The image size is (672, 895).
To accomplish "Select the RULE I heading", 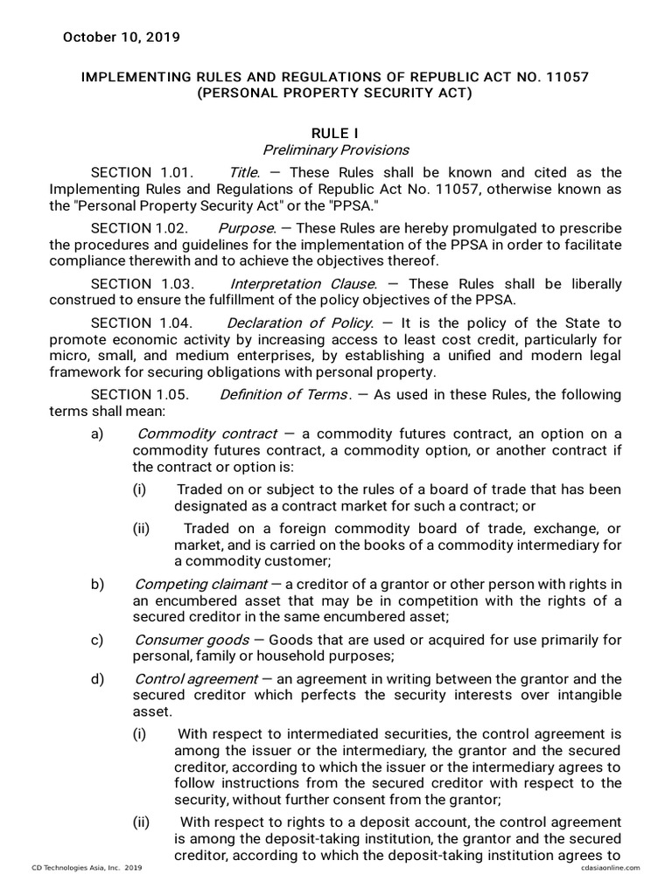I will [336, 132].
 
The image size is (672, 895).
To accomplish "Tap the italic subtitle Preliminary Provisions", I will [336, 149].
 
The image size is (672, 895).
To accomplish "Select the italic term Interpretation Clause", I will [303, 284].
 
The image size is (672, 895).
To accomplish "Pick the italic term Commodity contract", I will [207, 434].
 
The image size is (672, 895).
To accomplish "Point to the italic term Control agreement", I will [197, 679].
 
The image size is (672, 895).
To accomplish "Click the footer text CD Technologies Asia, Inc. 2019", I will [87, 867].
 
